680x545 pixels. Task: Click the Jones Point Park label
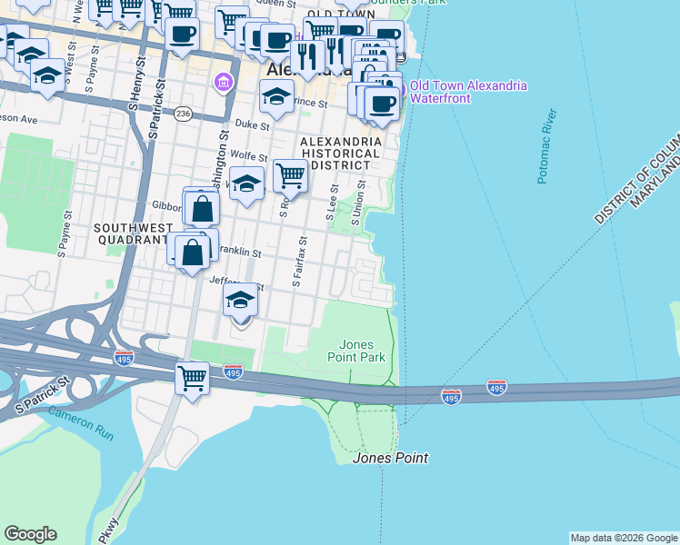(x=363, y=351)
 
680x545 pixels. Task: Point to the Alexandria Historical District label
(x=341, y=154)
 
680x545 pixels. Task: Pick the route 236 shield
(x=184, y=114)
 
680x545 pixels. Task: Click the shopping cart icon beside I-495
(x=193, y=376)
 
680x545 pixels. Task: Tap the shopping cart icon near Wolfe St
(x=290, y=175)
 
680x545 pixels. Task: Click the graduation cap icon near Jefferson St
(x=241, y=300)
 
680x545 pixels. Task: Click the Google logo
(x=30, y=534)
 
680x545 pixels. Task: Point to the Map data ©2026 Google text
(x=624, y=538)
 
